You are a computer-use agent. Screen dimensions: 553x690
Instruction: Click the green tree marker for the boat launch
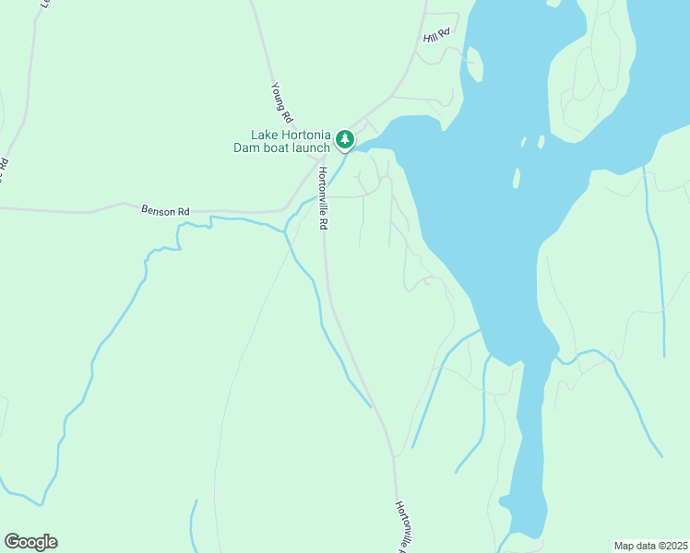click(x=344, y=139)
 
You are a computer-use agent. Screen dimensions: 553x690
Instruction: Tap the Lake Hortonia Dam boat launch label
click(x=285, y=141)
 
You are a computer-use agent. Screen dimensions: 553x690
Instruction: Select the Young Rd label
click(x=281, y=103)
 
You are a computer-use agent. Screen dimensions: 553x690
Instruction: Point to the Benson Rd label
click(x=165, y=210)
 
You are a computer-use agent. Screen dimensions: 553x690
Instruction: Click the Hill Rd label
click(x=436, y=35)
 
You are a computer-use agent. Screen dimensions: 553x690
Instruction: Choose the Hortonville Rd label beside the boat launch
click(x=323, y=198)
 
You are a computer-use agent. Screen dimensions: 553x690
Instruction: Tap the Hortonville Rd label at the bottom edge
click(x=401, y=526)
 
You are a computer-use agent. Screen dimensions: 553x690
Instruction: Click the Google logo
click(x=30, y=542)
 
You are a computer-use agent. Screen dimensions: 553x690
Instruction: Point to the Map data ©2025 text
click(x=650, y=546)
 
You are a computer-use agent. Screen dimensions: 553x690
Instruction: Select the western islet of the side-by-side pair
click(x=523, y=143)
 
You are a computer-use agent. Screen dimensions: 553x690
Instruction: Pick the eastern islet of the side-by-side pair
click(x=540, y=142)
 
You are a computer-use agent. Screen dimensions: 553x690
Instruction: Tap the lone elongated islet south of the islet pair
click(x=517, y=178)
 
